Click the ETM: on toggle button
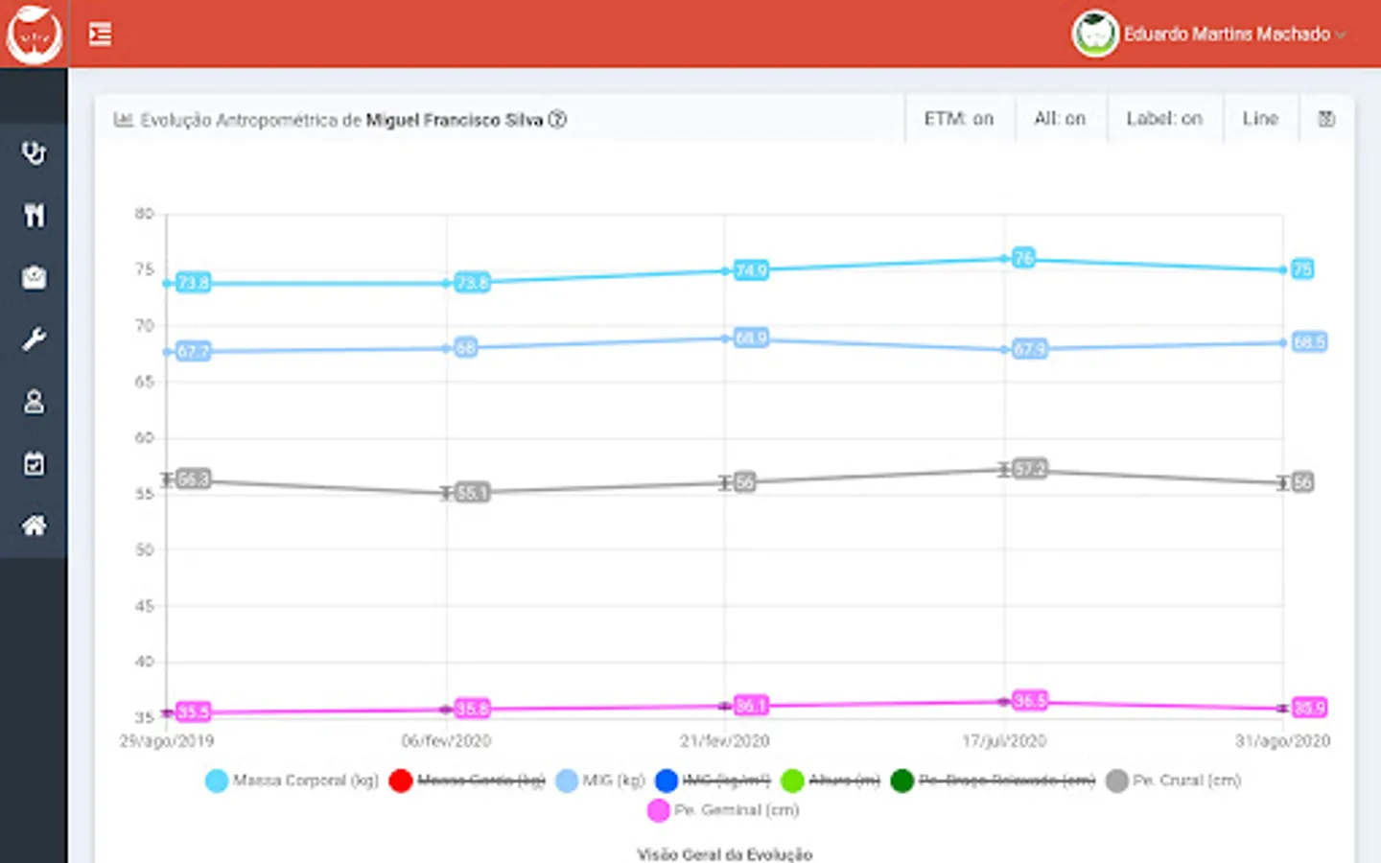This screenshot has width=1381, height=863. (x=958, y=119)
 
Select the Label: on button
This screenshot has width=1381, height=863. (x=1163, y=119)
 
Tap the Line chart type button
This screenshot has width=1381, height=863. (x=1260, y=119)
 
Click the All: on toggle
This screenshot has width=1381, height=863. (x=1060, y=119)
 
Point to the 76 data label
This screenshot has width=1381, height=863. (x=1023, y=258)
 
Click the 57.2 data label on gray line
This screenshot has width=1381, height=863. (x=1029, y=469)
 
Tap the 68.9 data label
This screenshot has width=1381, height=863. (x=751, y=338)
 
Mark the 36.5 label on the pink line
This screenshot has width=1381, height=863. (x=1029, y=701)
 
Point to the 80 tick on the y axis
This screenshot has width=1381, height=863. (x=144, y=214)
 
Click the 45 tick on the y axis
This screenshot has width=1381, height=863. (x=144, y=606)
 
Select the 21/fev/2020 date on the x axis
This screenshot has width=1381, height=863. (x=724, y=741)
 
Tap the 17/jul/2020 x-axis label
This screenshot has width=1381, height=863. (x=1004, y=741)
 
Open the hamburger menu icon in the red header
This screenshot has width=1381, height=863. (x=100, y=35)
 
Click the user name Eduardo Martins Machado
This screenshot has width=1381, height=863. (x=1227, y=35)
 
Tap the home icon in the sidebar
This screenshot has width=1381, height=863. (x=34, y=525)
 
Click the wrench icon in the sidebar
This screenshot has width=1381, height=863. (x=34, y=339)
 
